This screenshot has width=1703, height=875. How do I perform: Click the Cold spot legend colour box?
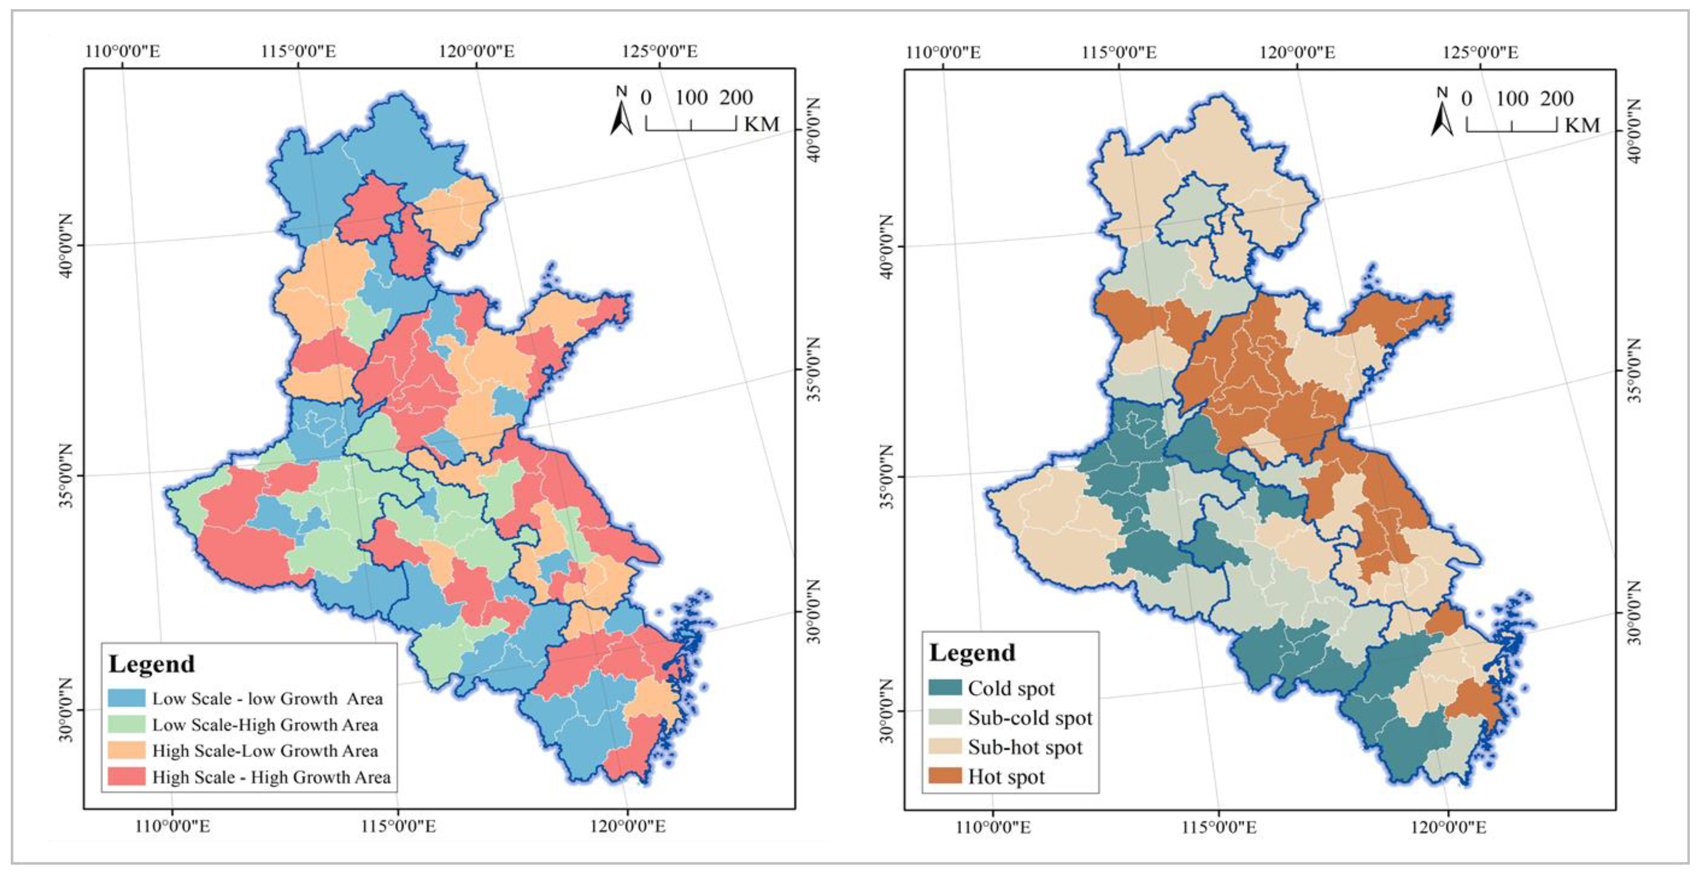945,688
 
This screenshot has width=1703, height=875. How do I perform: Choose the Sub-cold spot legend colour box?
945,717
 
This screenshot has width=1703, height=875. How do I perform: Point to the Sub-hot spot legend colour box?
945,747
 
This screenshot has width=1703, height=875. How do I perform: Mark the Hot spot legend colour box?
945,776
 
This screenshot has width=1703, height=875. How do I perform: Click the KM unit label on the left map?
761,124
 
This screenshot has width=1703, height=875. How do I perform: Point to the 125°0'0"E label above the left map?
659,51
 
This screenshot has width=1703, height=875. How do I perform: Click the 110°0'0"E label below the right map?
993,827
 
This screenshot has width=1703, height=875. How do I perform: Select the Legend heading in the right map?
972,653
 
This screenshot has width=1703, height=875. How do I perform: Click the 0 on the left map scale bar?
646,98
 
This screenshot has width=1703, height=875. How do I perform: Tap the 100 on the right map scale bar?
1512,99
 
